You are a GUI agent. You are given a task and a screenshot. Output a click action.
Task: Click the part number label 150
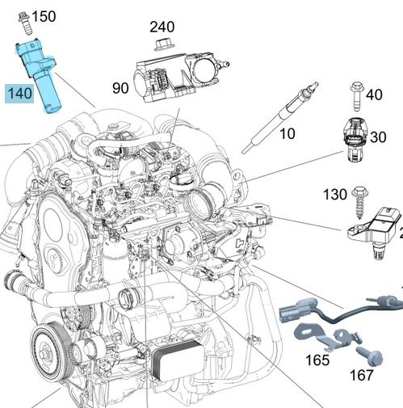point(44,16)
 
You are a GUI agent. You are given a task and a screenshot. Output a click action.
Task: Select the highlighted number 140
point(19,94)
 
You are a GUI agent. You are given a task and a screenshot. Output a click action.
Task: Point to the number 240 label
point(162,26)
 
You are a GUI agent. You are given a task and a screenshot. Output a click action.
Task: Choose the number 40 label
point(374,95)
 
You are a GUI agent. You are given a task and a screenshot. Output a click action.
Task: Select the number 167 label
point(361,375)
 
